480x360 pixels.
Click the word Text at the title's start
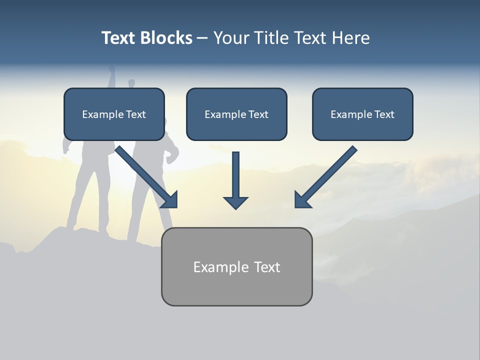[x=118, y=38]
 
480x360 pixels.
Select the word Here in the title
[x=350, y=38]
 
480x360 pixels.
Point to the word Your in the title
[x=231, y=38]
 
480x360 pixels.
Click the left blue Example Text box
[x=114, y=114]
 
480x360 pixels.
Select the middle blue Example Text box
[x=236, y=114]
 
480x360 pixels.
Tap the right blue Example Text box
[x=362, y=114]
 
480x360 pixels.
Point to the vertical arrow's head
[x=235, y=202]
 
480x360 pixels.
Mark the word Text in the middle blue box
[x=258, y=114]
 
